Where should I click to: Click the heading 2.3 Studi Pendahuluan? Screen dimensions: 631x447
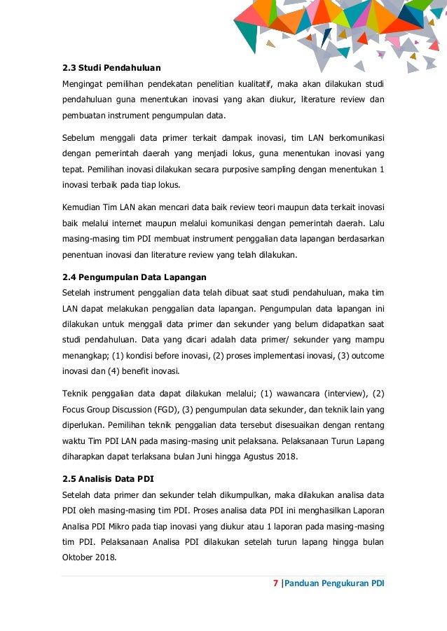(111, 68)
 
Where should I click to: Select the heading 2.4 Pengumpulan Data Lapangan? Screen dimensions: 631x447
(135, 277)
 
